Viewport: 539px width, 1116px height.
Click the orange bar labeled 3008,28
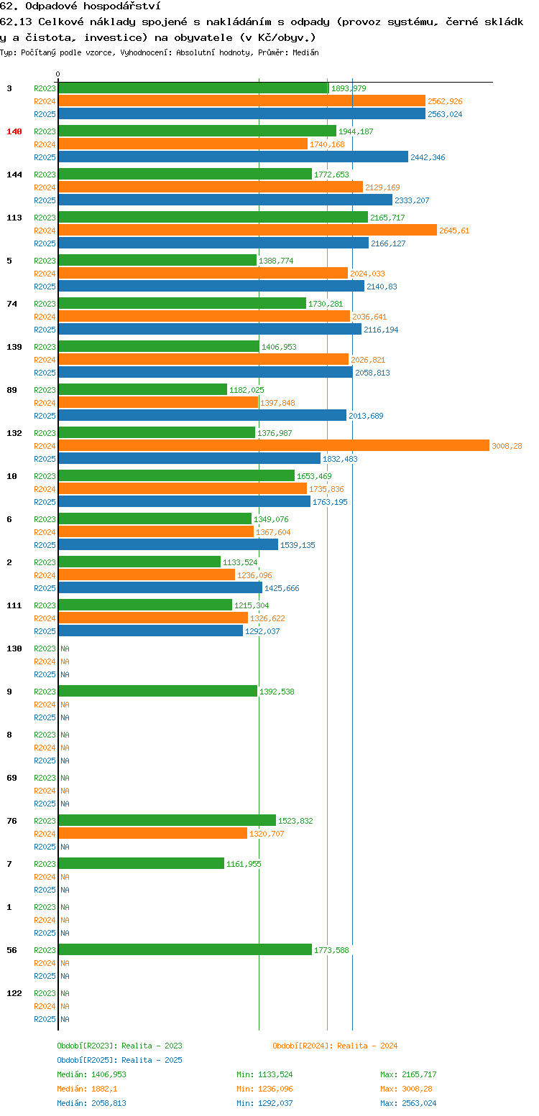[x=274, y=445]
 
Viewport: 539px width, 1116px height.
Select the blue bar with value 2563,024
[x=241, y=113]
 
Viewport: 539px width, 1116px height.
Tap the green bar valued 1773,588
[x=185, y=949]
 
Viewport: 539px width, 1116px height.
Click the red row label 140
[x=14, y=131]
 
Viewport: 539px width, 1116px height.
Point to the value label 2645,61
[x=454, y=231]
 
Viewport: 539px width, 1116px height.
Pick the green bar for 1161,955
[x=141, y=863]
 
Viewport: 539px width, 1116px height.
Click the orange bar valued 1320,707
[x=152, y=833]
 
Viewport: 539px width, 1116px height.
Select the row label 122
[x=14, y=993]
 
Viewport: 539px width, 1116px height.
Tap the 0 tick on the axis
[x=57, y=74]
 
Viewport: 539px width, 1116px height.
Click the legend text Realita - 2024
[x=367, y=1046]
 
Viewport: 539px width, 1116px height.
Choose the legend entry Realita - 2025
[x=152, y=1060]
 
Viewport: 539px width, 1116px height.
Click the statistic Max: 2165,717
[x=408, y=1074]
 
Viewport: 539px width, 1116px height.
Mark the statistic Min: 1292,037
[x=264, y=1103]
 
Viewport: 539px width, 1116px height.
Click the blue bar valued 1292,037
[x=151, y=631]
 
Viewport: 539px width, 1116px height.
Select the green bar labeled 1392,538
[x=158, y=691]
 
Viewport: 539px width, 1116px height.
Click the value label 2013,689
[x=366, y=416]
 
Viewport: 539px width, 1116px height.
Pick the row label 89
[x=12, y=390]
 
